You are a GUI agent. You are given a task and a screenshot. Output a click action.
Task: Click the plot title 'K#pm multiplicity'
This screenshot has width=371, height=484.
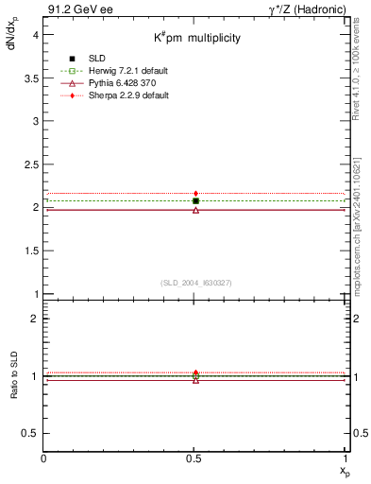coord(197,37)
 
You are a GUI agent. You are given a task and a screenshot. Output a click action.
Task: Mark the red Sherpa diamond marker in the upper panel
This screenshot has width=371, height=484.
coord(195,194)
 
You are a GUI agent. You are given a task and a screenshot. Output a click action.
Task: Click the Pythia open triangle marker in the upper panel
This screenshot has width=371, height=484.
coord(195,210)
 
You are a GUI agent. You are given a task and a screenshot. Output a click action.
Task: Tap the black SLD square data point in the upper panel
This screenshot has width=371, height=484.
coord(195,200)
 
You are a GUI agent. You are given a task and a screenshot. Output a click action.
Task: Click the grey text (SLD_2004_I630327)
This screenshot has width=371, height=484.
coord(195,283)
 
